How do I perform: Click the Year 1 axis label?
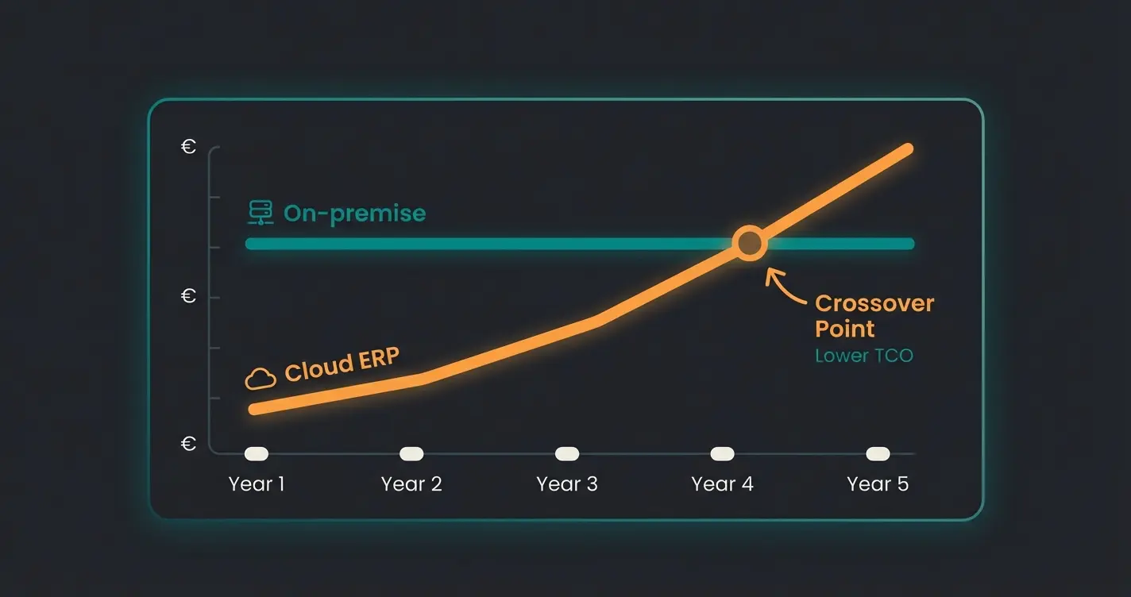(x=256, y=483)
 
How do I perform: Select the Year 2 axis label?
(x=411, y=483)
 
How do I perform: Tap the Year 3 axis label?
(x=566, y=483)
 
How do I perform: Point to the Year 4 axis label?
(x=722, y=483)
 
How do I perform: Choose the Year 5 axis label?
(x=878, y=483)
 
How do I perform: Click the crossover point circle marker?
(x=749, y=244)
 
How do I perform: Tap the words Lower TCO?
(x=864, y=355)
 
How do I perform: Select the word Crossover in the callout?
(x=874, y=303)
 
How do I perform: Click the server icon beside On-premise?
(x=260, y=213)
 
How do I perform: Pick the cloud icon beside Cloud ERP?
(x=261, y=378)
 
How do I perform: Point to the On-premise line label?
(x=354, y=213)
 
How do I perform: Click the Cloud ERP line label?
(x=342, y=365)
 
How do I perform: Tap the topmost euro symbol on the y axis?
(x=188, y=147)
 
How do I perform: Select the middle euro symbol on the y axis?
(x=188, y=296)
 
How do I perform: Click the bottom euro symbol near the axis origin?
(x=188, y=444)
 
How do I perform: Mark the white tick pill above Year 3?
(x=566, y=453)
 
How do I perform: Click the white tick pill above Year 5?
(x=878, y=453)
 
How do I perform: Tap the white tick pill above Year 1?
(x=256, y=453)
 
